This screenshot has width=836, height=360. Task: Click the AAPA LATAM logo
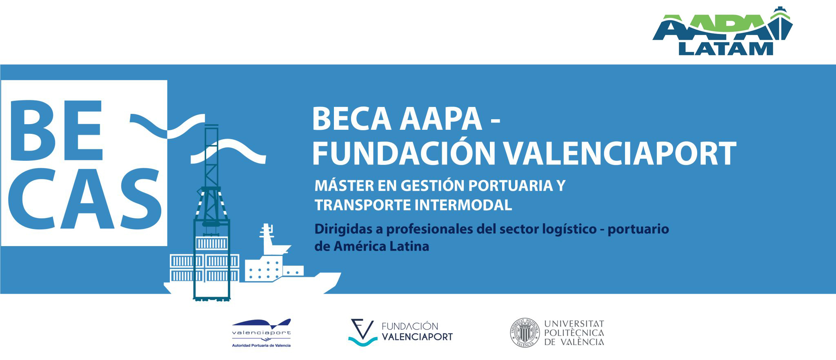point(723,31)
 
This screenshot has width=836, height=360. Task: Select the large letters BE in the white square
point(56,127)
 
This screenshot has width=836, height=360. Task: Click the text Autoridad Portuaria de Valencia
point(261,345)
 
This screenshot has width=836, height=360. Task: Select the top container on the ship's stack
point(211,244)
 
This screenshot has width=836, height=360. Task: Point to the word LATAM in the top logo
point(726,49)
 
